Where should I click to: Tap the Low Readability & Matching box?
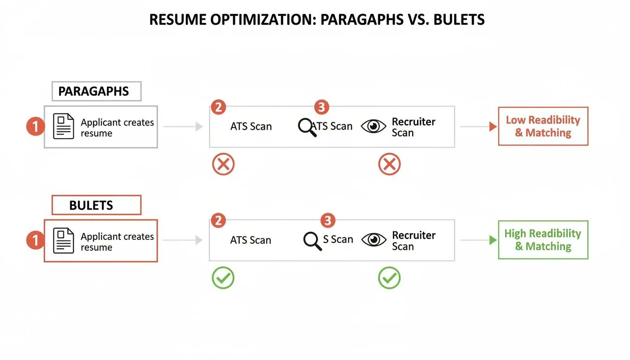click(x=543, y=127)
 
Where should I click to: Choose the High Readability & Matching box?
click(x=543, y=240)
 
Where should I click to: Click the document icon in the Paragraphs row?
click(x=64, y=127)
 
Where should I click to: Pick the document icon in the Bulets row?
click(x=64, y=240)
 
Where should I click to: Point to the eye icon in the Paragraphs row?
click(x=374, y=127)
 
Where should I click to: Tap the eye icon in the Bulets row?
click(x=374, y=240)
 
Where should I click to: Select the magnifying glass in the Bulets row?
click(x=312, y=240)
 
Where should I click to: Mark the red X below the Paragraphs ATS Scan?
click(x=223, y=165)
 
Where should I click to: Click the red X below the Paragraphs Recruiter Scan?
click(x=390, y=165)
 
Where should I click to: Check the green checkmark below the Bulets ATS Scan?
click(x=223, y=278)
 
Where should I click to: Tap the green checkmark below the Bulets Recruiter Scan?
click(x=390, y=278)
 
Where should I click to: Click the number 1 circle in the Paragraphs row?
click(x=35, y=127)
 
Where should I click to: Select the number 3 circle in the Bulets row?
click(x=327, y=220)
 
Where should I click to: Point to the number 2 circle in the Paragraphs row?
click(x=218, y=107)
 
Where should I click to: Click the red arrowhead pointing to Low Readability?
click(x=493, y=127)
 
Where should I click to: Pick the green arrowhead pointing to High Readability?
click(x=493, y=240)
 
